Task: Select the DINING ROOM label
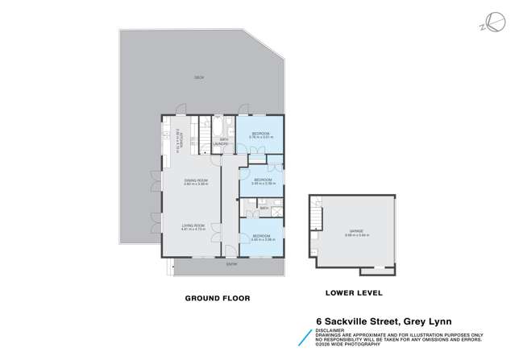click(x=196, y=180)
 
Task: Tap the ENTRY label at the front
click(x=231, y=264)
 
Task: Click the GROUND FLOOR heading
click(x=218, y=298)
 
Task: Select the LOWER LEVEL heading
click(x=354, y=292)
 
